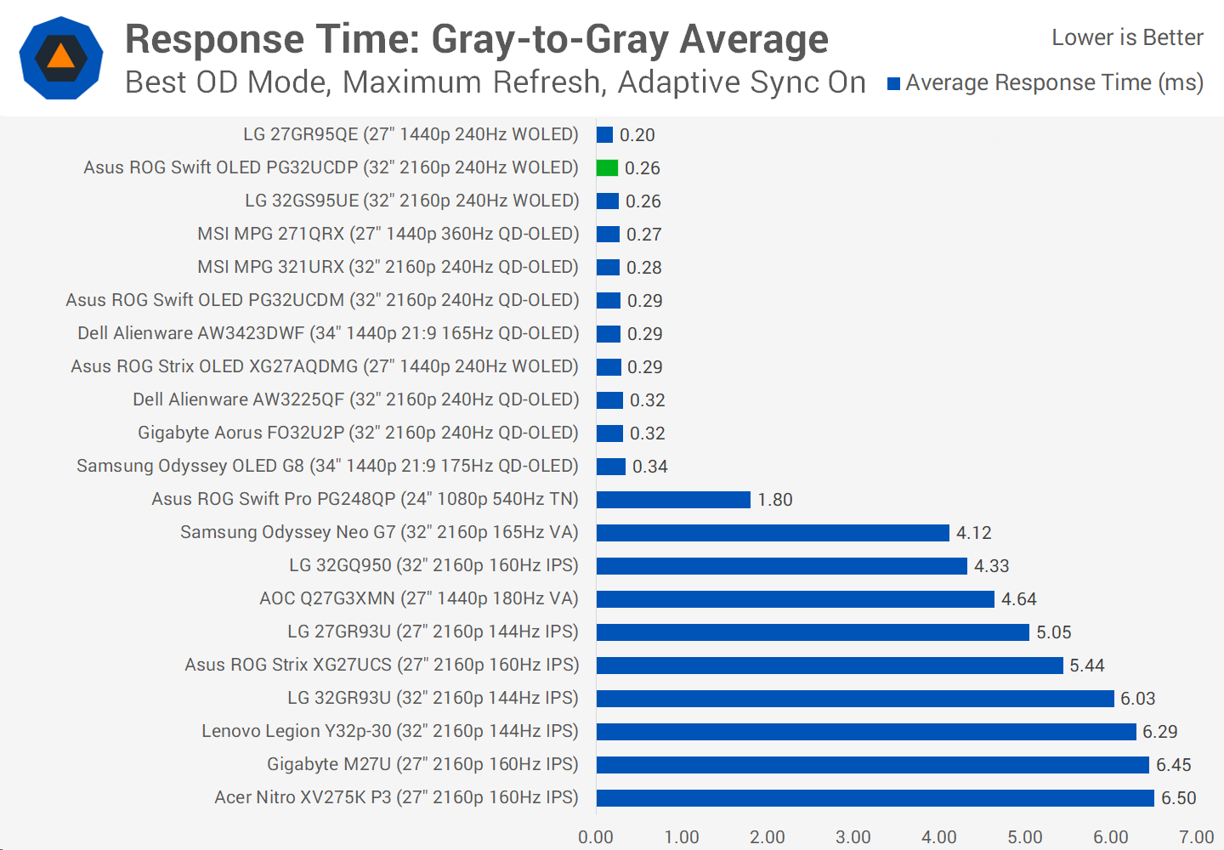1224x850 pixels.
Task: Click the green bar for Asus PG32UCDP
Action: tap(607, 167)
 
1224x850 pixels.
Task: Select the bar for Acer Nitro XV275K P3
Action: tap(875, 797)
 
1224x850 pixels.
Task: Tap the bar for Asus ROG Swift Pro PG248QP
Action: tap(673, 499)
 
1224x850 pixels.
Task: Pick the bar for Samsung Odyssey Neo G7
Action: tap(773, 532)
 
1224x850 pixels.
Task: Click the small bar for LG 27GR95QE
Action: tap(604, 134)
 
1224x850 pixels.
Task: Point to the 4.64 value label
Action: tap(1018, 599)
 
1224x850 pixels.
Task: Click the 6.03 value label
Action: tap(1137, 699)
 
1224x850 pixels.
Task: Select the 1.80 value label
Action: tap(774, 500)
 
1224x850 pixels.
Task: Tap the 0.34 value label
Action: tap(649, 467)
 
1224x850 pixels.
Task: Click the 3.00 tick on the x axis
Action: tap(853, 837)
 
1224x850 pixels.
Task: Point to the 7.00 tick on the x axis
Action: tap(1196, 837)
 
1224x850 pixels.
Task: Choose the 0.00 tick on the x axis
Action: tap(595, 837)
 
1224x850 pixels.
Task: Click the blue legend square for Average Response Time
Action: tap(893, 83)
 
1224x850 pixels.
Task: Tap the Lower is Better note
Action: tap(1127, 37)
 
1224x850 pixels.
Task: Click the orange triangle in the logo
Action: tap(61, 57)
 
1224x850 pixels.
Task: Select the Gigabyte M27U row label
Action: tap(422, 764)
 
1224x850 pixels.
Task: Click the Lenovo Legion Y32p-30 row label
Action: tap(389, 731)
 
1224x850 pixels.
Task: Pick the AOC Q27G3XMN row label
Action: tap(418, 598)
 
